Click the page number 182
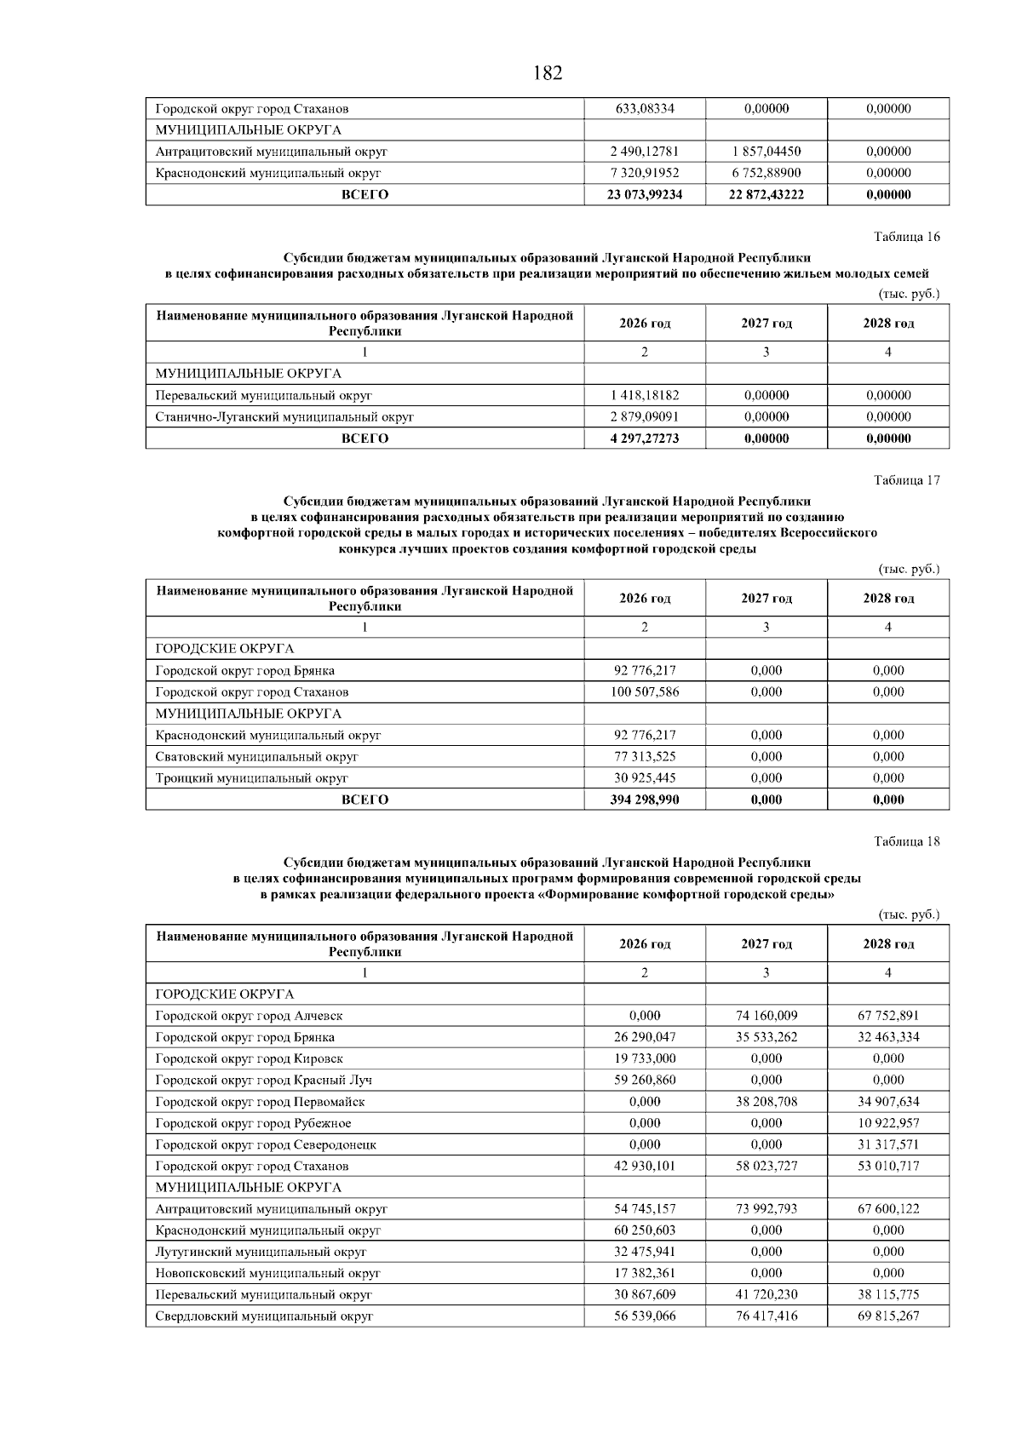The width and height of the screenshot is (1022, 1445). [x=547, y=73]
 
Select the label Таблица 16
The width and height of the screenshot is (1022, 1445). [x=907, y=237]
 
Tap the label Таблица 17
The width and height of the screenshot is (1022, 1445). [x=907, y=480]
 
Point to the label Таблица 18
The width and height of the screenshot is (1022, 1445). [x=907, y=841]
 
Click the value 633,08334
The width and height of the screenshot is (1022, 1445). [x=645, y=109]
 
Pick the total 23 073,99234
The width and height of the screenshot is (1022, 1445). [x=645, y=195]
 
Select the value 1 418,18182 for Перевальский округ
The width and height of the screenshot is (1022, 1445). [x=645, y=396]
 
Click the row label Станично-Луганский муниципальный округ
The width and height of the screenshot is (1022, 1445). [x=284, y=417]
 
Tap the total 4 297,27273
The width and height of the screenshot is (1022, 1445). [x=645, y=439]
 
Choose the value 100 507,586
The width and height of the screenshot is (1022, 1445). [x=645, y=692]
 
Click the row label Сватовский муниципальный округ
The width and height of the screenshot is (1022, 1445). [x=256, y=757]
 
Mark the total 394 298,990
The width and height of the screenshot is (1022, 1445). [x=645, y=800]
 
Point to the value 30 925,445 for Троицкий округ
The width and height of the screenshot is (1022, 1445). [x=645, y=778]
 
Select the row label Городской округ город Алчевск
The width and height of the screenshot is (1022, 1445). [x=249, y=1016]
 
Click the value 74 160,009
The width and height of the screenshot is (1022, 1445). [x=766, y=1016]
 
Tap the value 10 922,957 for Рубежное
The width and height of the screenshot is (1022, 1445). [x=888, y=1123]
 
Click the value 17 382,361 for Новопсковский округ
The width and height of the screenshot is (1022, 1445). [x=645, y=1274]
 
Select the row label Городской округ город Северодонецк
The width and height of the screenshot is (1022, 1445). [x=266, y=1145]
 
